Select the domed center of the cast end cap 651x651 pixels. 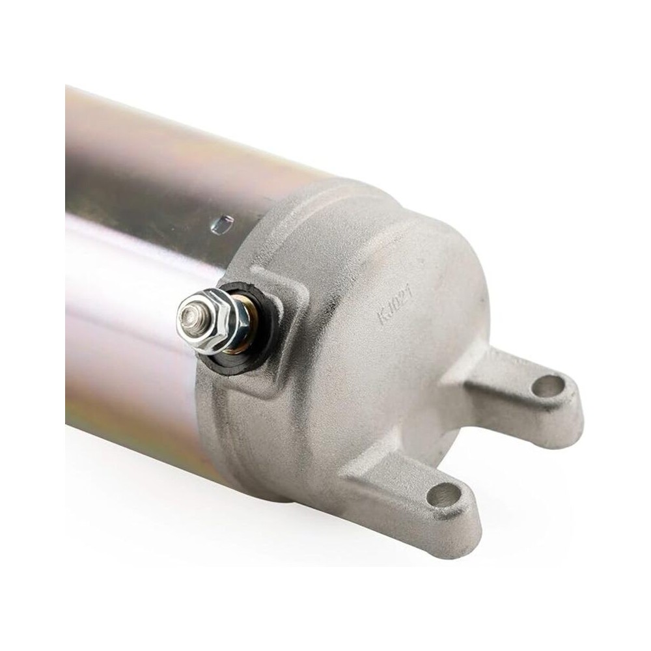(x=391, y=365)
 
